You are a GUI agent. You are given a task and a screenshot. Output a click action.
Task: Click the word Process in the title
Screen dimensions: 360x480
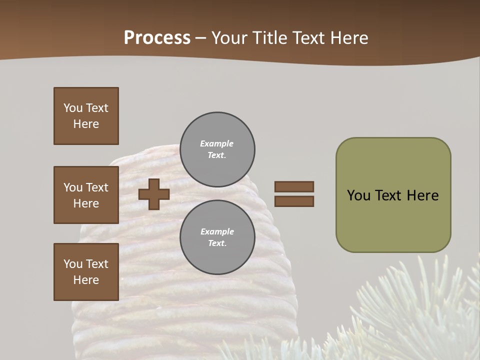click(157, 38)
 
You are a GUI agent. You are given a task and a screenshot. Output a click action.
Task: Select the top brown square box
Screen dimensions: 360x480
click(86, 116)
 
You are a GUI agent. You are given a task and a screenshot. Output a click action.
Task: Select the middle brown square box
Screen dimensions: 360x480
click(86, 195)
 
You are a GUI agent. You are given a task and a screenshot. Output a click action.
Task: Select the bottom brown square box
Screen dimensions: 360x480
click(86, 272)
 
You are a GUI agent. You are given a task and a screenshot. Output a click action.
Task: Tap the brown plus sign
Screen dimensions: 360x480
click(154, 194)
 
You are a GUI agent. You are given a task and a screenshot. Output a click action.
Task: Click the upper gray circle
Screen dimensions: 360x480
click(217, 149)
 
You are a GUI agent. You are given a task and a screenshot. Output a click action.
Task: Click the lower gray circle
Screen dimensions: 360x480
click(217, 237)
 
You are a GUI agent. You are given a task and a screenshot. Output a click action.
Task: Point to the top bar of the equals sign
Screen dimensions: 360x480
click(294, 186)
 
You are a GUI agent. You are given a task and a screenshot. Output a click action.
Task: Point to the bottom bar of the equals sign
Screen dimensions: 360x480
click(294, 201)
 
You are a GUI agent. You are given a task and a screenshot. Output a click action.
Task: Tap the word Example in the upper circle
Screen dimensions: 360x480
click(216, 143)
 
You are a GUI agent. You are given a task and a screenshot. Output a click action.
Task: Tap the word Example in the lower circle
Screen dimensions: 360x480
click(216, 231)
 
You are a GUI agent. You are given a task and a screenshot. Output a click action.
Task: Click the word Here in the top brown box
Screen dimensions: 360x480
click(86, 124)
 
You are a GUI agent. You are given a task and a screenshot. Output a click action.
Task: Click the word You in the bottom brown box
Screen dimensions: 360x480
click(73, 264)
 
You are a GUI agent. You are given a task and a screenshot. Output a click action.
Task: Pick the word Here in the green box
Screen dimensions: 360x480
click(423, 195)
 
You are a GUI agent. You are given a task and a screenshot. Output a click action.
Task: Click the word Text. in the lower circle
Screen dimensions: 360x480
click(216, 243)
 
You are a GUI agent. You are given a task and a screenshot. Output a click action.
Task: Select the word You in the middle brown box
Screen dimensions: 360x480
click(73, 187)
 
